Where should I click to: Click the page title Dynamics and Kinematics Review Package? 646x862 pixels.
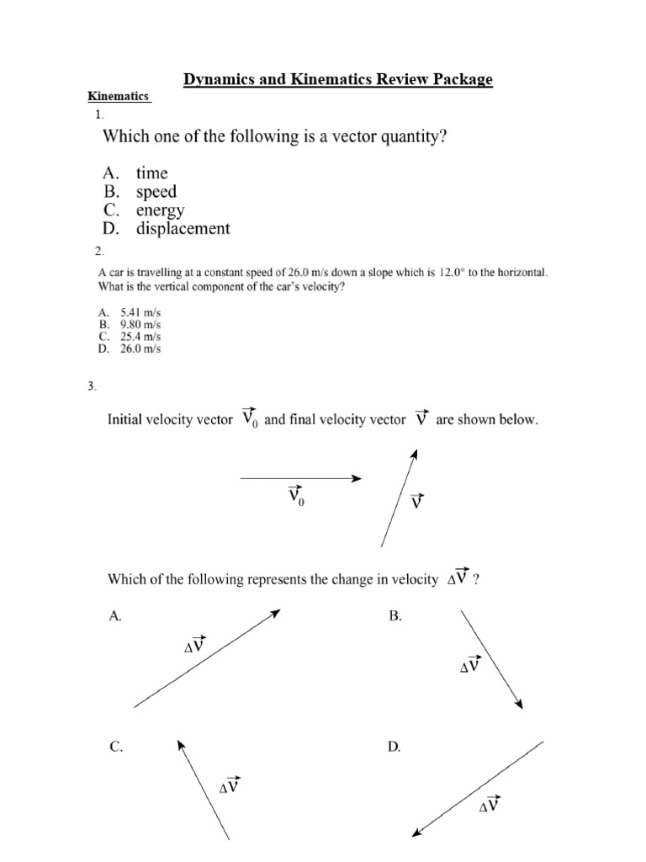point(338,80)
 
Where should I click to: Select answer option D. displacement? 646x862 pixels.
point(166,228)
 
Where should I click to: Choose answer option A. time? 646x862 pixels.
point(135,173)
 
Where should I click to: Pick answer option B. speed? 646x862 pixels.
point(139,191)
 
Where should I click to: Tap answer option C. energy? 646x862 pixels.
point(143,210)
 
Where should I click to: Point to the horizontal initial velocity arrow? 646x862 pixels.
point(300,478)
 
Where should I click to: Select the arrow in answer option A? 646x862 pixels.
point(207,658)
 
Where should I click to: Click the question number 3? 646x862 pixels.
point(93,386)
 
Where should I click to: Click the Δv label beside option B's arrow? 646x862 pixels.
point(470,665)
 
